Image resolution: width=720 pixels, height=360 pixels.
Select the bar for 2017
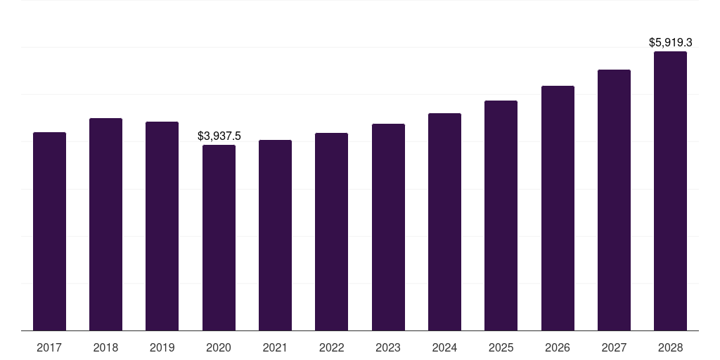[50, 231]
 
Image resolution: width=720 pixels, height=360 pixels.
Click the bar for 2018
[105, 224]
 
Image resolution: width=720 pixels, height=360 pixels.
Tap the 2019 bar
[162, 226]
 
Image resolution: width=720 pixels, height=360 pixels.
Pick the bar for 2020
[219, 238]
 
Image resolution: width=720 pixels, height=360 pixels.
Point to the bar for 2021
[275, 235]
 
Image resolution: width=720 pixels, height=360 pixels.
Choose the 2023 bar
[388, 227]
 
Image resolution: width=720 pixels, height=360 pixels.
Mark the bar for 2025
[501, 215]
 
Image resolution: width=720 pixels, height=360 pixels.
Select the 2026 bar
[558, 208]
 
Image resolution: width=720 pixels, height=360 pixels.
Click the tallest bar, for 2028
[670, 191]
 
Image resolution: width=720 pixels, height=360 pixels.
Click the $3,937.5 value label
[219, 136]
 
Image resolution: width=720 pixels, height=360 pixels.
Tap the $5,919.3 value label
[670, 42]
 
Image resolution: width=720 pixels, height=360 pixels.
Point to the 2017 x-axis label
[49, 347]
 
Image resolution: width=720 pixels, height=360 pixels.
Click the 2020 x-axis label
[219, 347]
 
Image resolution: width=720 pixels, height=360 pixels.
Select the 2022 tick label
[332, 347]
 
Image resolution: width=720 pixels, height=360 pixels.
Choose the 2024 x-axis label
[444, 347]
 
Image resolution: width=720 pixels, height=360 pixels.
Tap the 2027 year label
[614, 347]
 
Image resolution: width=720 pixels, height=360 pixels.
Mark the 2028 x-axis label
[670, 347]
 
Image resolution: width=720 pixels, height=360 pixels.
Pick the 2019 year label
[162, 347]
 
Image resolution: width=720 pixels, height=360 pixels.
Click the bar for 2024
[444, 221]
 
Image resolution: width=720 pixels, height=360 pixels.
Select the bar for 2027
[614, 200]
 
